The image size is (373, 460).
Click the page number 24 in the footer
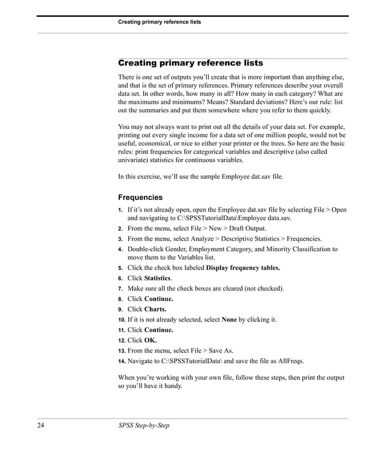pos(41,425)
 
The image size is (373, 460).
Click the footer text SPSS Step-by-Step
pos(143,425)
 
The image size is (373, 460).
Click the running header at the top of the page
pos(159,22)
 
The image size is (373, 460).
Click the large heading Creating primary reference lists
pos(191,63)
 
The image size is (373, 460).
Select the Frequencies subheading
pos(140,197)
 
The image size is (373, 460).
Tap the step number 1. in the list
pos(120,210)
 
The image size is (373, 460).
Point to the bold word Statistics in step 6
pos(157,278)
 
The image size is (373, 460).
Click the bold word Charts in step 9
pos(155,309)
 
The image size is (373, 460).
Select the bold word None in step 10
pos(229,320)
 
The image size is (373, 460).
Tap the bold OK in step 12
pos(150,340)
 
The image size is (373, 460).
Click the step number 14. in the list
pos(122,361)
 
